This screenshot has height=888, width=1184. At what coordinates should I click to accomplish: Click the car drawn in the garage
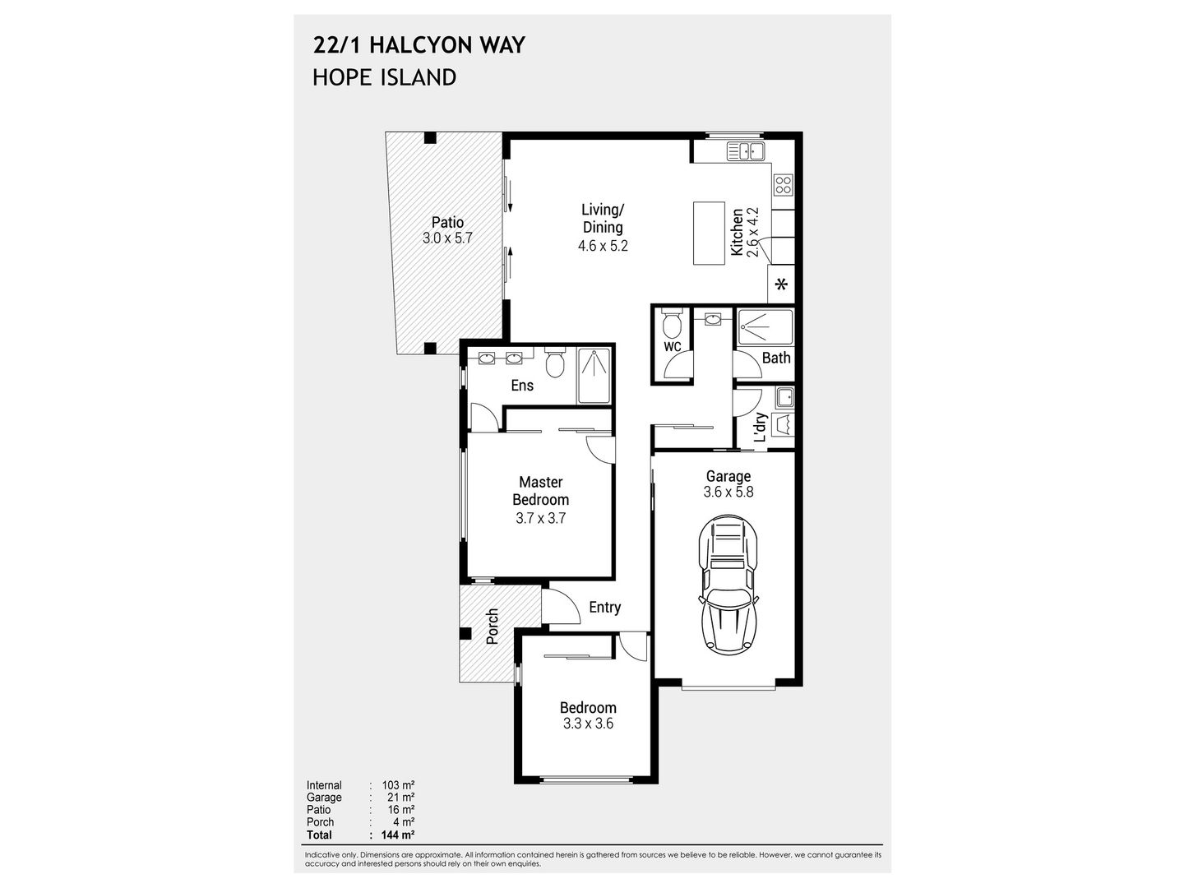(728, 585)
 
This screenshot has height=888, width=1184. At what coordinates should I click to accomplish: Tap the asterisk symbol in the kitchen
(781, 285)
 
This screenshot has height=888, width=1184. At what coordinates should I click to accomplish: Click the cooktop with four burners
(783, 185)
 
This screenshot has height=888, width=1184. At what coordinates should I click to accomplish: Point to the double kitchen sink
(747, 150)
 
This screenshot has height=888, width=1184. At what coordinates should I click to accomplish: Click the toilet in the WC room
(673, 326)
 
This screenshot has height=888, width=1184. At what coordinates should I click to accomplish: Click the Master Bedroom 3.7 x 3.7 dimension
(540, 518)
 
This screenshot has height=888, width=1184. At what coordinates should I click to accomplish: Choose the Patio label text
(448, 222)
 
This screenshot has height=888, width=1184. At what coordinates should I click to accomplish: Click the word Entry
(604, 608)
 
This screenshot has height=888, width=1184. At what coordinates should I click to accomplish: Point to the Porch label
(493, 627)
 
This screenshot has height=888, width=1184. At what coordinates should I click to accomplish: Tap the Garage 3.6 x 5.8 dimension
(728, 493)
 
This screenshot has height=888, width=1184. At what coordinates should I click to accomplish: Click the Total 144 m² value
(398, 835)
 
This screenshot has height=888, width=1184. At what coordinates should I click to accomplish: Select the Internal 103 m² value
(398, 785)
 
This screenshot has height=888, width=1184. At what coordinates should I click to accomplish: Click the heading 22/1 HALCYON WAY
(419, 44)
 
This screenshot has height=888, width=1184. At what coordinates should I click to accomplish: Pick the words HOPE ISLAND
(384, 77)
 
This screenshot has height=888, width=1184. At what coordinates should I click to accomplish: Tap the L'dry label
(761, 428)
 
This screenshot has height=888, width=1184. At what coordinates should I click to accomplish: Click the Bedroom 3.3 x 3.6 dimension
(588, 724)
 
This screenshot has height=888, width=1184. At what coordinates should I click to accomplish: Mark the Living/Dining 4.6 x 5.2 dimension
(603, 245)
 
